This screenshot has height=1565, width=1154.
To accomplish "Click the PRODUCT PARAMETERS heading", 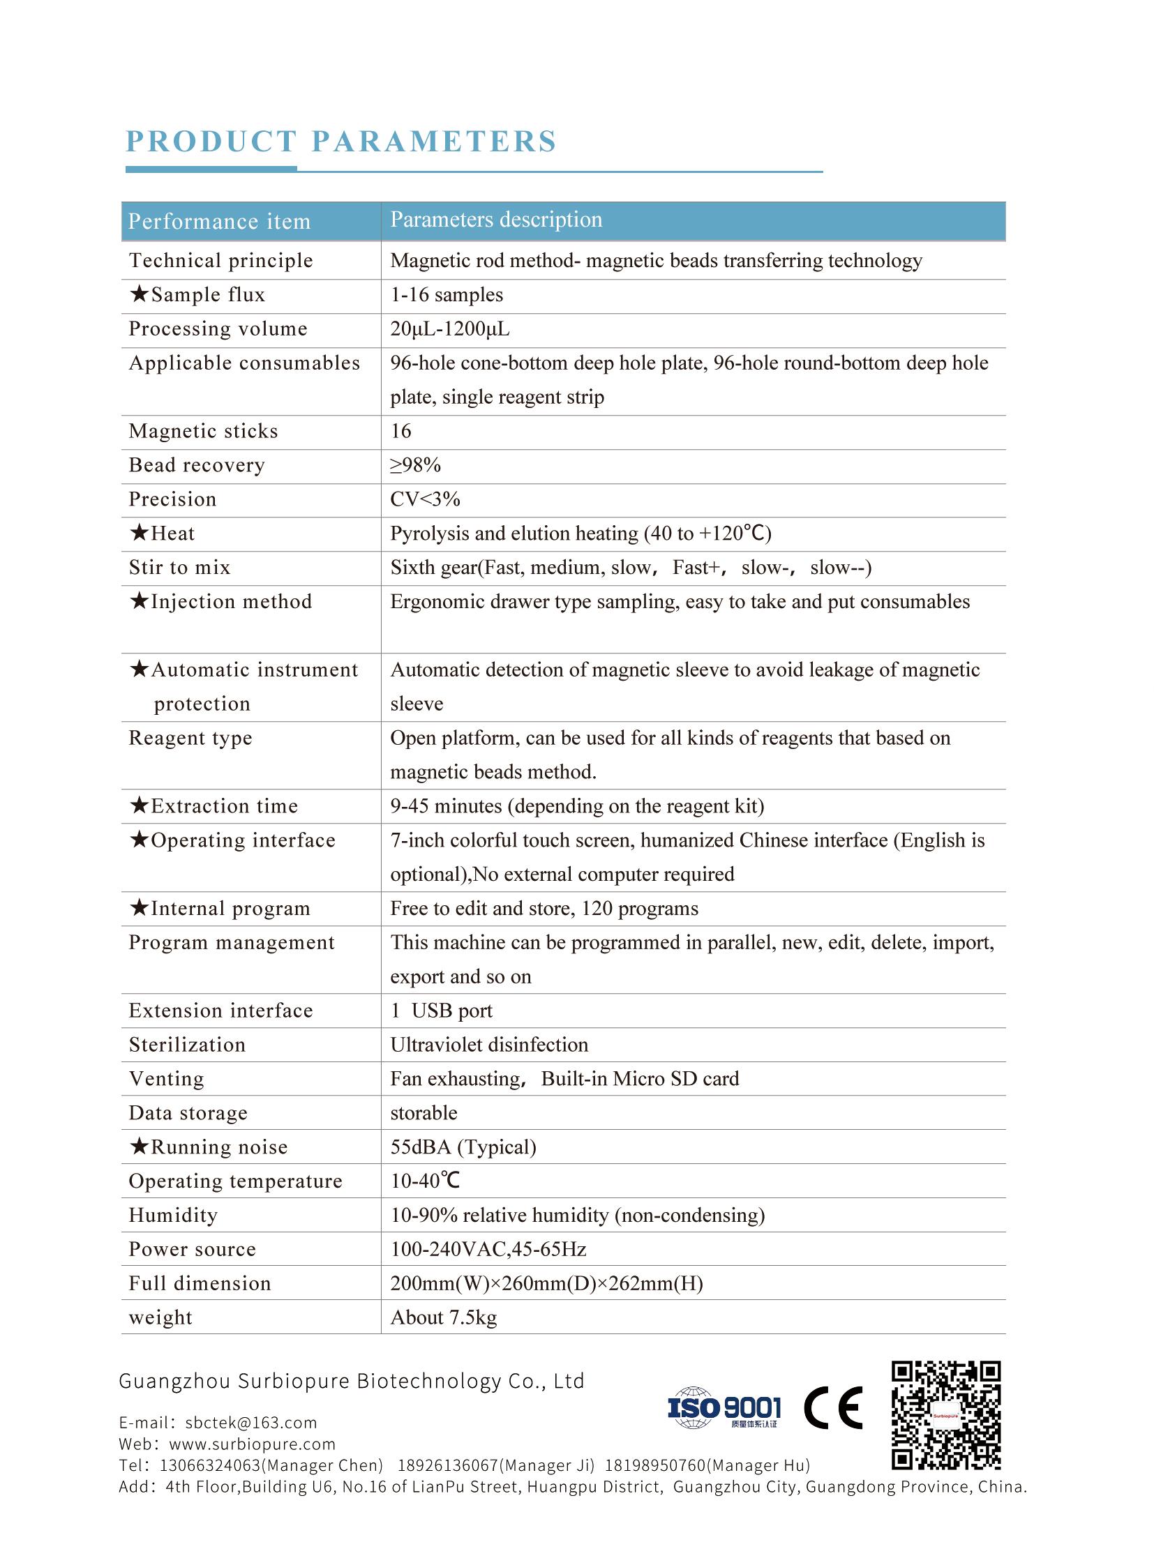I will point(341,141).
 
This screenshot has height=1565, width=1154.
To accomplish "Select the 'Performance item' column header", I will point(219,221).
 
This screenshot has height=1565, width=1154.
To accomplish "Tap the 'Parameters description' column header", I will point(496,219).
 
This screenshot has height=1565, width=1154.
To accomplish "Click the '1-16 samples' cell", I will point(447,295).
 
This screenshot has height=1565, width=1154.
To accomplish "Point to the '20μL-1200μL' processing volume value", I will point(450,329).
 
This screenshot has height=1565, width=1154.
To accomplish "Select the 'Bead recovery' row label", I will point(197,465).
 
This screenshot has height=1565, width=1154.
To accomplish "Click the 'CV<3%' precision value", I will point(425,499).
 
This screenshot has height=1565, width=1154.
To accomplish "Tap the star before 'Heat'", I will point(139,533).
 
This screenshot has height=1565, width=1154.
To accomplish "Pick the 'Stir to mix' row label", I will point(179,568).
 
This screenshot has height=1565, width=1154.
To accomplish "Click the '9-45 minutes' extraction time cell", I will point(577,806).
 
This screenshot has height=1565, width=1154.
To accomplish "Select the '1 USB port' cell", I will point(442,1011).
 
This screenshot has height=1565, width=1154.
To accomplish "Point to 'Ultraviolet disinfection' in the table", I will point(489,1045).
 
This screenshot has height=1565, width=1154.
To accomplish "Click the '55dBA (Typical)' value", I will point(463,1147).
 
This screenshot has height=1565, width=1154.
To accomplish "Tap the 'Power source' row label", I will point(192,1249).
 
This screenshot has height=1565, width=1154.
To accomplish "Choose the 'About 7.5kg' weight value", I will point(444,1317).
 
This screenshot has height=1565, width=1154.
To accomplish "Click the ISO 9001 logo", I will point(724,1408).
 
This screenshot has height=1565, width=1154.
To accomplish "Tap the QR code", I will point(946,1415).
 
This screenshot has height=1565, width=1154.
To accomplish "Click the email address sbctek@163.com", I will point(250,1423).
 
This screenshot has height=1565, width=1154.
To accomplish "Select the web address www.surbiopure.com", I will point(252,1444).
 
